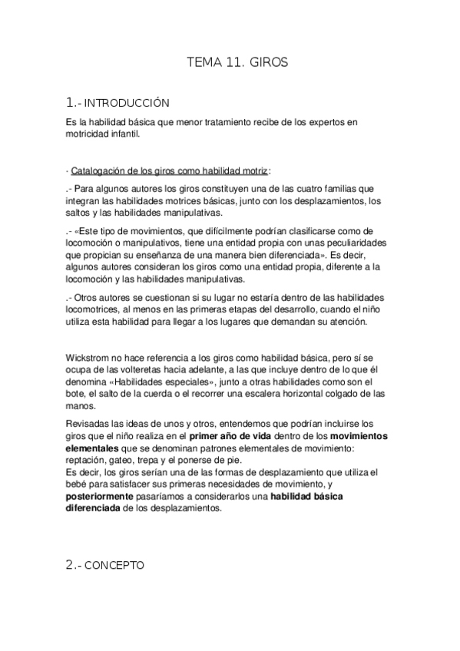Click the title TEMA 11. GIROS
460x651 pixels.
237,64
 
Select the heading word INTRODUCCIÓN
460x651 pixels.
125,102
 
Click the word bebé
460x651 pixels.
79,486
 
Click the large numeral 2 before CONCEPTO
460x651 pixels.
70,564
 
